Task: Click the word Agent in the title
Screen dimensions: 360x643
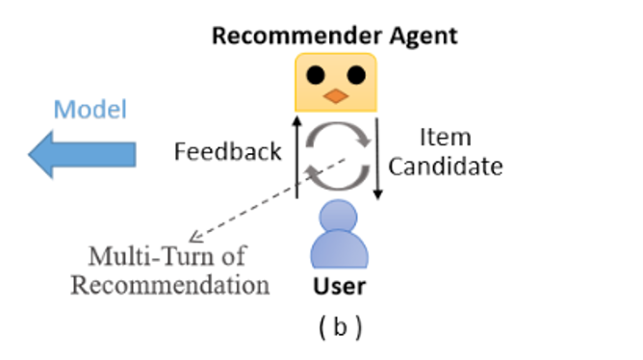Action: (419, 38)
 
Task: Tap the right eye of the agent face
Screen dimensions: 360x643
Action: (355, 75)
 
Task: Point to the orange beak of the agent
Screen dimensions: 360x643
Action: (336, 95)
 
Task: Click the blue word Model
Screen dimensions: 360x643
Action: (90, 109)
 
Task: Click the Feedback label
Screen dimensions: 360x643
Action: (227, 151)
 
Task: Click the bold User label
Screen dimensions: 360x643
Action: (339, 286)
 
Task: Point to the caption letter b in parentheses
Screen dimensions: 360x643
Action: (340, 326)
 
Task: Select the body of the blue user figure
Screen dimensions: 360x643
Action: (339, 252)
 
